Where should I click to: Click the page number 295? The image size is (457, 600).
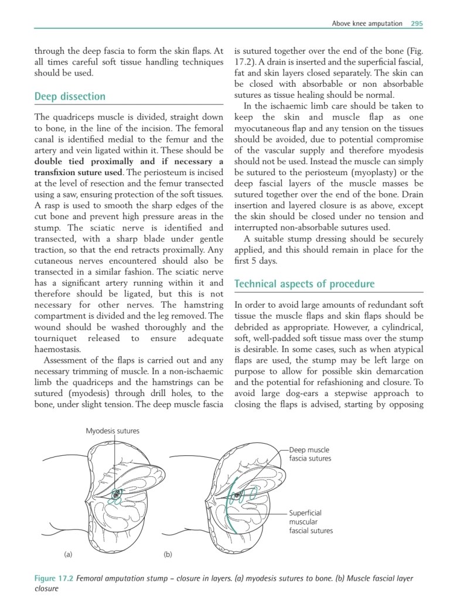[x=417, y=23]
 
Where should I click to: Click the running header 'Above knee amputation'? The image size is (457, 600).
[x=367, y=23]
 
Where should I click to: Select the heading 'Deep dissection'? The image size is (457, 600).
[x=70, y=97]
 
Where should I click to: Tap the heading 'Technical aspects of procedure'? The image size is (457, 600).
[x=304, y=284]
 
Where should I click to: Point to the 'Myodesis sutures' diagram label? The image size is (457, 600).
[x=112, y=431]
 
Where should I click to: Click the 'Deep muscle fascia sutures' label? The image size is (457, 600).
[x=310, y=454]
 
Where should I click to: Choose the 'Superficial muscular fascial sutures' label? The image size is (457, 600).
[x=311, y=521]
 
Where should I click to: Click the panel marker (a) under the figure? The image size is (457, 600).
[x=67, y=553]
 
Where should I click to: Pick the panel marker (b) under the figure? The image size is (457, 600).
[x=167, y=553]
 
